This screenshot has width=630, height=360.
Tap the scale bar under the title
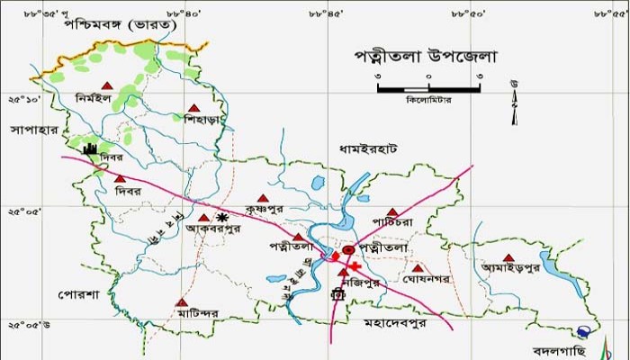[x=429, y=88]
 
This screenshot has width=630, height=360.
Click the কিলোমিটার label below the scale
[x=428, y=100]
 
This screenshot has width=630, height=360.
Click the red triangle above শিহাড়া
[x=191, y=108]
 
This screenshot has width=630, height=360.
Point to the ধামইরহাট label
[x=369, y=146]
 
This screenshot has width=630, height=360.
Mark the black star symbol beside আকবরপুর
[x=221, y=217]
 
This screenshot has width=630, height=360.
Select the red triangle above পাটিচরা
[x=391, y=211]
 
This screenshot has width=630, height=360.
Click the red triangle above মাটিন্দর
[x=182, y=302]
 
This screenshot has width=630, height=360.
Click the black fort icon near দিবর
[x=91, y=149]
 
